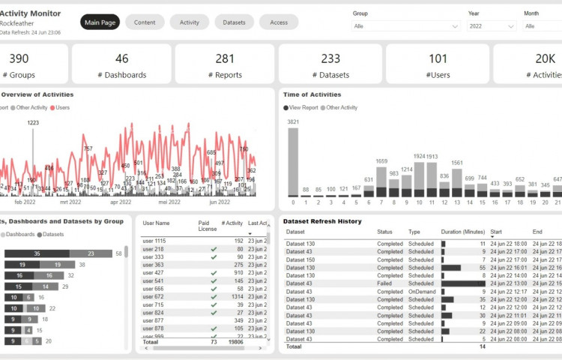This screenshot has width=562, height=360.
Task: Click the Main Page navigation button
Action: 100,22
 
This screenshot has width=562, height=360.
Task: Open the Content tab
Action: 145,22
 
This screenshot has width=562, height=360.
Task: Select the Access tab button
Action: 279,22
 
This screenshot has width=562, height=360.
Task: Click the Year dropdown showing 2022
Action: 492,26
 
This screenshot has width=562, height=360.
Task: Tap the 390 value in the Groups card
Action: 19,58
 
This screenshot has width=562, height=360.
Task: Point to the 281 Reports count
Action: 225,58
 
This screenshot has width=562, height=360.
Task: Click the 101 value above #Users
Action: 438,58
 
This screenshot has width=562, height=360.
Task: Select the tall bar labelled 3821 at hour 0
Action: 293,161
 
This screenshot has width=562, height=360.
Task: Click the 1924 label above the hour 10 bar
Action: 419,157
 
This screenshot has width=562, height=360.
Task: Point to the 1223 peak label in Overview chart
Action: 34,122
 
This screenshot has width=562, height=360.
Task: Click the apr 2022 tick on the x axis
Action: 120,202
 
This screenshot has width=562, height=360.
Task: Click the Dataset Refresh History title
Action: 322,221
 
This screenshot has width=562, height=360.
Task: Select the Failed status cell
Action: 385,283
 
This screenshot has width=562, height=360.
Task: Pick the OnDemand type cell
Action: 421,292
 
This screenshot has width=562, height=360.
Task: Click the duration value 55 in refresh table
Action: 482,268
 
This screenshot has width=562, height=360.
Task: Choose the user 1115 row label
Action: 154,241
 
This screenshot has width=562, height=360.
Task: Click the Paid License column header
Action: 208,226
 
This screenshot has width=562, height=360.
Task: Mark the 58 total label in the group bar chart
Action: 118,253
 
